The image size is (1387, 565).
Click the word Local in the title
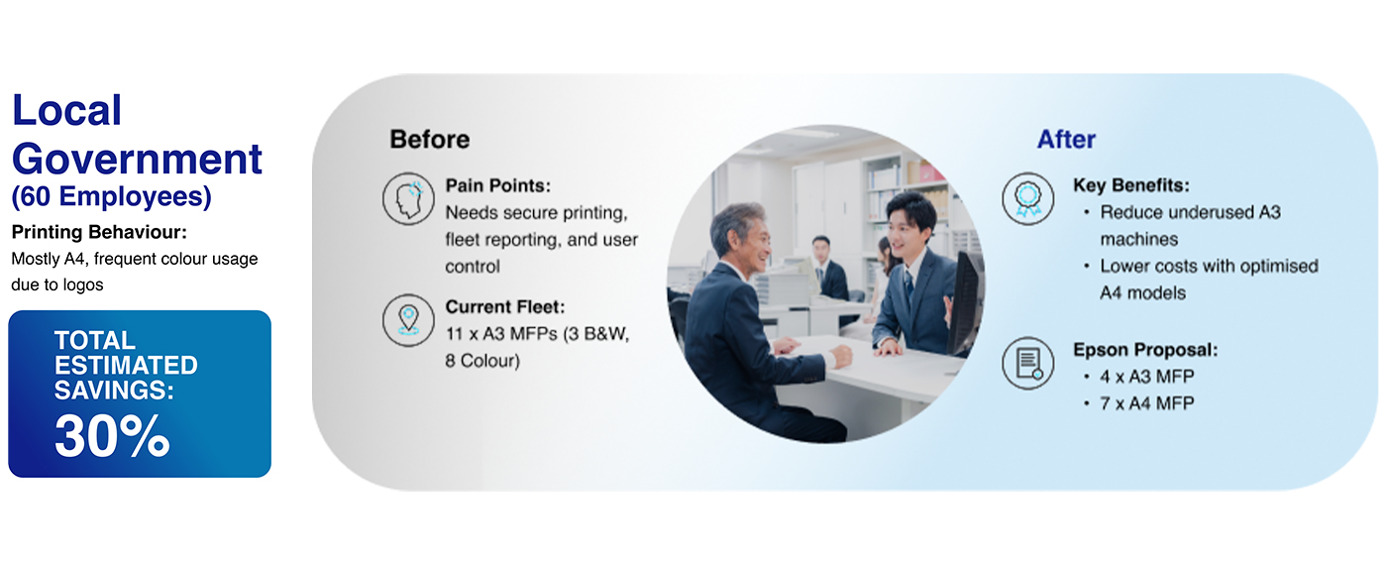pyautogui.click(x=67, y=110)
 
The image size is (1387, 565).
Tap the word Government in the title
pyautogui.click(x=137, y=161)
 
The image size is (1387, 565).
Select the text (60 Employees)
pyautogui.click(x=111, y=196)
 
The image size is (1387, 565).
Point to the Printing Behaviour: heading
pyautogui.click(x=99, y=232)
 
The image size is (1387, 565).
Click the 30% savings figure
pyautogui.click(x=112, y=436)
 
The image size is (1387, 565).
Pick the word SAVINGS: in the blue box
pyautogui.click(x=114, y=391)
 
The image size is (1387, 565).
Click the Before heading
pyautogui.click(x=430, y=140)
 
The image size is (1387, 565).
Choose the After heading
pyautogui.click(x=1066, y=140)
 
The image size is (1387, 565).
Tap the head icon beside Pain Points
pyautogui.click(x=408, y=199)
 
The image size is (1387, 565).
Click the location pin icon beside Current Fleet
pyautogui.click(x=408, y=320)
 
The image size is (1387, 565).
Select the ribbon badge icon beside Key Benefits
pyautogui.click(x=1028, y=199)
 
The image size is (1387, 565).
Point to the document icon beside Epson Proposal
pyautogui.click(x=1028, y=363)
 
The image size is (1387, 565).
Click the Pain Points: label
pyautogui.click(x=497, y=185)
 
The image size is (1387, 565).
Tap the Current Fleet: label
pyautogui.click(x=505, y=306)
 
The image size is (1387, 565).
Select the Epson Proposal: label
pyautogui.click(x=1145, y=350)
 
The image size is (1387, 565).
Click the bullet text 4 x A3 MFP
pyautogui.click(x=1147, y=377)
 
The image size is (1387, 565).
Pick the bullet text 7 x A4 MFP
pyautogui.click(x=1147, y=403)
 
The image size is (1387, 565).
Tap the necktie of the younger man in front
pyautogui.click(x=908, y=286)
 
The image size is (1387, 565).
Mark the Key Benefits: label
pyautogui.click(x=1131, y=185)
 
